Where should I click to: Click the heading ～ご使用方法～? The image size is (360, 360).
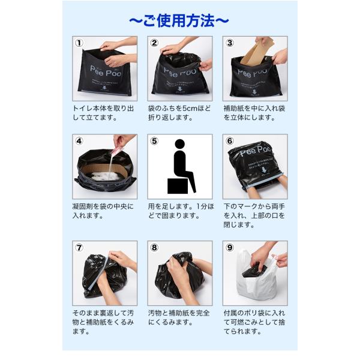click(179, 20)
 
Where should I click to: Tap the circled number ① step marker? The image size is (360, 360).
click(79, 43)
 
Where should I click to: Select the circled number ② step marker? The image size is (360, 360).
click(154, 43)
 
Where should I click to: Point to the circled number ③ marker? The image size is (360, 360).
click(229, 43)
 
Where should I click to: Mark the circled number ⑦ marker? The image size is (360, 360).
click(79, 247)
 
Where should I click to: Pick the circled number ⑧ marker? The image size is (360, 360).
click(154, 247)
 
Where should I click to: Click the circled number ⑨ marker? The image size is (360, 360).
click(229, 247)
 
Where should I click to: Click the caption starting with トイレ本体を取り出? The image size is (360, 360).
click(103, 112)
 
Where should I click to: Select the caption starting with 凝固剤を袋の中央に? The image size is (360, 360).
click(103, 211)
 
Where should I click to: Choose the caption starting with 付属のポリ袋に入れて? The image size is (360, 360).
click(254, 322)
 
